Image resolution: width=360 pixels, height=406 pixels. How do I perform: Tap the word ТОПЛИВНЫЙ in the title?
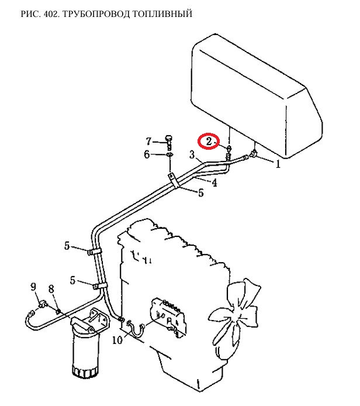tap(162, 13)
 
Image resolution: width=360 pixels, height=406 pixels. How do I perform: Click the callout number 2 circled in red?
tap(209, 142)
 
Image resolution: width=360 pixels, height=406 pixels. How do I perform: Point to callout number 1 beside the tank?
tap(278, 164)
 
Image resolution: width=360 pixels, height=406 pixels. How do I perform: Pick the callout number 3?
tap(192, 155)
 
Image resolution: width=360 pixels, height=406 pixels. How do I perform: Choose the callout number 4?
tap(214, 183)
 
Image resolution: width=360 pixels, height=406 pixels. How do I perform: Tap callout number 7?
tap(148, 142)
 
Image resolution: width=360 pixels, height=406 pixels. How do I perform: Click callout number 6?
tap(147, 154)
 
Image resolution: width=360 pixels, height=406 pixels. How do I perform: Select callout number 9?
tap(33, 287)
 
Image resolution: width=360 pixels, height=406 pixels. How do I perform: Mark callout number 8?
tap(51, 289)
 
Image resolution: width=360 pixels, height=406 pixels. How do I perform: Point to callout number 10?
tap(117, 340)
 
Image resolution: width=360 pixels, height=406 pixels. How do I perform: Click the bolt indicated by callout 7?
tap(168, 142)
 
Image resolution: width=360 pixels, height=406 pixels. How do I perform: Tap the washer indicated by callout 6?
tap(169, 155)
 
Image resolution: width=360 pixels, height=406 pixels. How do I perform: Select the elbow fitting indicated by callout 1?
tap(253, 153)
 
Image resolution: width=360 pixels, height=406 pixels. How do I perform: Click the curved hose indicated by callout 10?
tap(136, 329)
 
